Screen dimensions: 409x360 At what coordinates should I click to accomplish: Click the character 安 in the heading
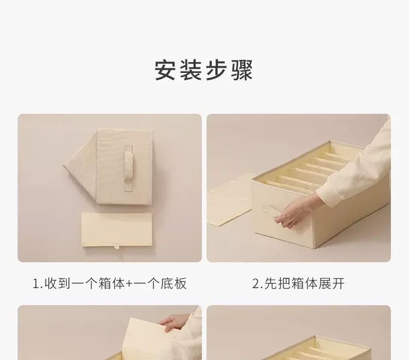pyautogui.click(x=165, y=70)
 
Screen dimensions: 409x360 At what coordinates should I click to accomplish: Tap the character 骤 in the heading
pyautogui.click(x=242, y=70)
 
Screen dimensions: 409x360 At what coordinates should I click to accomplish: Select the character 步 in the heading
pyautogui.click(x=216, y=70)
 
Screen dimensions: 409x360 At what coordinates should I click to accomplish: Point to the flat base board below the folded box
pyautogui.click(x=116, y=230)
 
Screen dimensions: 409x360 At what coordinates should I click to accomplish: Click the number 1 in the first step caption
pyautogui.click(x=36, y=283)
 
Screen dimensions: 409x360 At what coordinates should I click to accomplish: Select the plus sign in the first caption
pyautogui.click(x=129, y=284)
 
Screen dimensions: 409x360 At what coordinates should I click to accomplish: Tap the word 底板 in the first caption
pyautogui.click(x=174, y=283)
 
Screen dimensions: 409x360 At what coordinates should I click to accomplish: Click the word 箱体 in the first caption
pyautogui.click(x=112, y=283)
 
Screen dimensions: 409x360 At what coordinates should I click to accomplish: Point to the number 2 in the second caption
pyautogui.click(x=255, y=283)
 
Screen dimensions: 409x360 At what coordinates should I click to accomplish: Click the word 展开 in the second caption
pyautogui.click(x=331, y=283)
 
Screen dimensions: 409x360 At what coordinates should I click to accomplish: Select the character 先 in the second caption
pyautogui.click(x=271, y=283)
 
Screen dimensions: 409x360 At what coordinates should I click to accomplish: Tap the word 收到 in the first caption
pyautogui.click(x=57, y=283)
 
